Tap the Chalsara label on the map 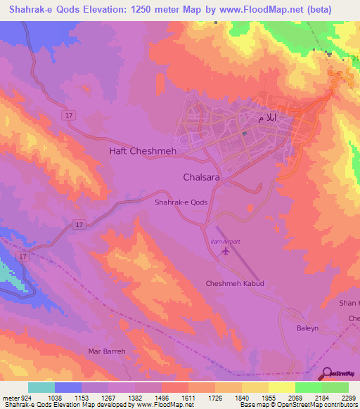point(202,178)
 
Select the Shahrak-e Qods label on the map point(181,202)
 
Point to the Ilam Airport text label point(226,242)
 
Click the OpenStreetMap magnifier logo point(326,372)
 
